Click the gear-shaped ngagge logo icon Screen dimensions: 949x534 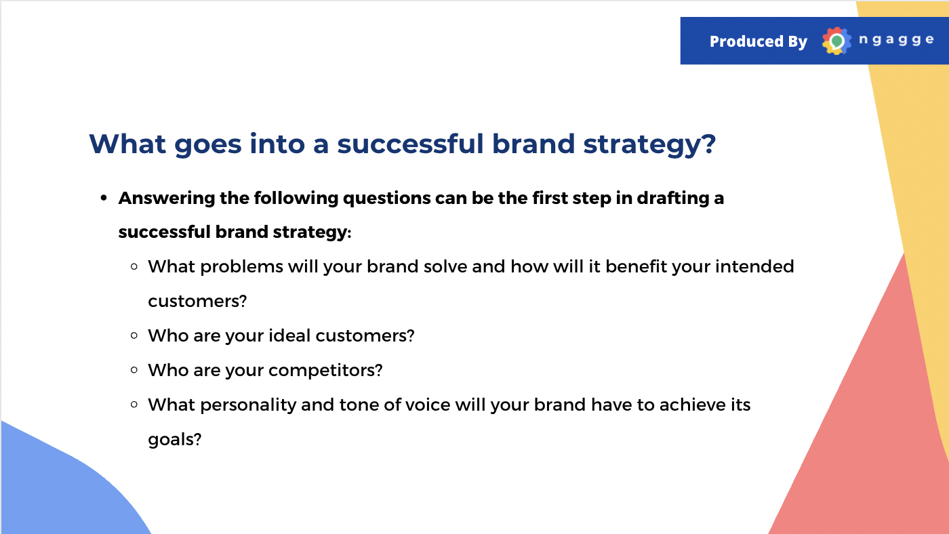pos(836,41)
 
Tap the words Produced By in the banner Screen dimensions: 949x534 pos(759,41)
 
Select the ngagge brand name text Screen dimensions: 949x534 pos(896,40)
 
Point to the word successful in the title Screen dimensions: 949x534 pos(410,143)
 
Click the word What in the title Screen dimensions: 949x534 pos(127,144)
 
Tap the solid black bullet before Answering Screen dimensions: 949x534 pos(104,198)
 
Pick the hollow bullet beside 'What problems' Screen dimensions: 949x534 pos(134,266)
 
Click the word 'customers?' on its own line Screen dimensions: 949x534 pos(197,301)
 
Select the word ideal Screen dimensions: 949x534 pos(290,335)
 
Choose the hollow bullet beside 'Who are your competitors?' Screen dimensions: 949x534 pos(134,370)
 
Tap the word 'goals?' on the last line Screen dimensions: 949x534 pos(175,440)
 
